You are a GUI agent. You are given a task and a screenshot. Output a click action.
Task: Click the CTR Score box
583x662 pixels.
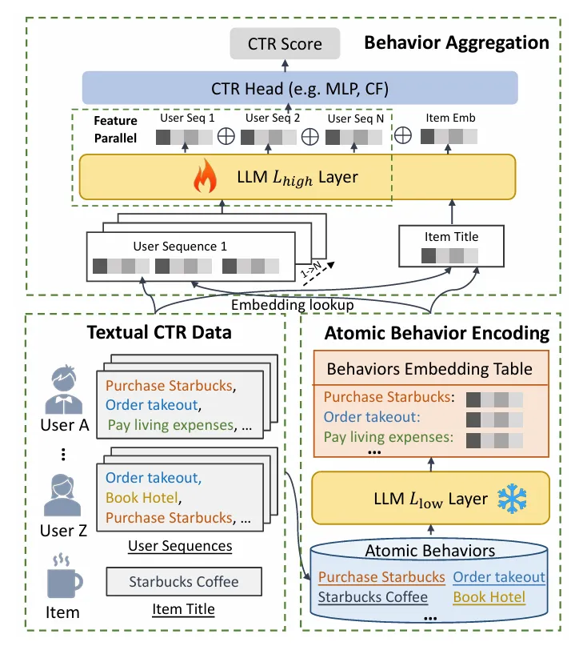(x=284, y=45)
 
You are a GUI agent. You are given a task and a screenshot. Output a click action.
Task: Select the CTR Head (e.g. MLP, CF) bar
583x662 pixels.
(x=300, y=87)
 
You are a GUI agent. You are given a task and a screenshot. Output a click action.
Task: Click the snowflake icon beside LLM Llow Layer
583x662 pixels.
(x=509, y=498)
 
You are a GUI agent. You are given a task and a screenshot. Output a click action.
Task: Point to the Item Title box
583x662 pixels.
(x=452, y=246)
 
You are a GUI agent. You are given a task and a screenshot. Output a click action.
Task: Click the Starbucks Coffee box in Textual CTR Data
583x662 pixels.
(x=184, y=582)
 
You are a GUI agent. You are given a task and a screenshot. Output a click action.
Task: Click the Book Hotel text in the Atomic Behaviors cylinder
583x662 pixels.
(x=489, y=596)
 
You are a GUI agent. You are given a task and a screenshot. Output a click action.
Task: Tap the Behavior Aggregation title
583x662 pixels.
(x=457, y=42)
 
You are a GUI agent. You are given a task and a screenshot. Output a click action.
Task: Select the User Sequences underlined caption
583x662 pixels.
(x=180, y=547)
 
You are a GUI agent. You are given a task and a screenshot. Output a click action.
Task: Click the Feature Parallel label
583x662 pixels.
(x=115, y=129)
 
